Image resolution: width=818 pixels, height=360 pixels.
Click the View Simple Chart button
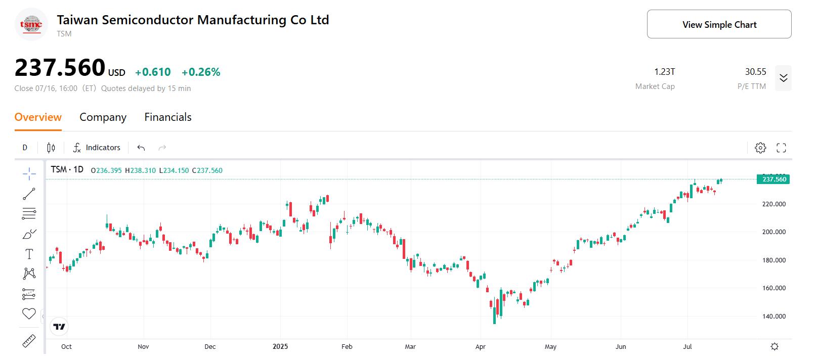tap(719, 24)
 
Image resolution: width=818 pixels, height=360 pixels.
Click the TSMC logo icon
tap(31, 24)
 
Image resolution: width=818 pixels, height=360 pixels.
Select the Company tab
tap(103, 117)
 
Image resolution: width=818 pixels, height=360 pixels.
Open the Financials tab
tap(168, 117)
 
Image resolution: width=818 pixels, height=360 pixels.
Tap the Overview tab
tap(38, 117)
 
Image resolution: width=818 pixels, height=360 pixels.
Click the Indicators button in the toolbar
tap(97, 148)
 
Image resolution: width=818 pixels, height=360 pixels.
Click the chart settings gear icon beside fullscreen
tap(760, 148)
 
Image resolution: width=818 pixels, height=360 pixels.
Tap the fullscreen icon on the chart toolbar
tap(781, 148)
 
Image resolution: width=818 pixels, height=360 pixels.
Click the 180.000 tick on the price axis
tap(773, 260)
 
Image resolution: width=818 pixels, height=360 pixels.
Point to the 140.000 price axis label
tap(773, 317)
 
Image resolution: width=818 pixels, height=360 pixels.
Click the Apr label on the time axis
tap(480, 347)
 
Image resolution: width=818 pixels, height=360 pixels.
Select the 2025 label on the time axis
tap(280, 347)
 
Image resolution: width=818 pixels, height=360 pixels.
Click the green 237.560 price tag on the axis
tap(773, 179)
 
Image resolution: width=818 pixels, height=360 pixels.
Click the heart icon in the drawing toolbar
tap(29, 314)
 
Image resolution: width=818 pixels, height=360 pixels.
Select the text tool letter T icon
tap(29, 254)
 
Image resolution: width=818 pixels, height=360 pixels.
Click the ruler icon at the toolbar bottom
tap(29, 342)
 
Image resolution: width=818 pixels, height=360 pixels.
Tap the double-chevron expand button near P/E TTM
tap(783, 78)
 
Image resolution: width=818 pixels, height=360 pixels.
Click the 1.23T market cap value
tap(664, 72)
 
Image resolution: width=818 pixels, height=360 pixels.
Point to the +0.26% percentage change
tap(201, 72)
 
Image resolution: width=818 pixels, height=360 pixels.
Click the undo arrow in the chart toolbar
tap(141, 148)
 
